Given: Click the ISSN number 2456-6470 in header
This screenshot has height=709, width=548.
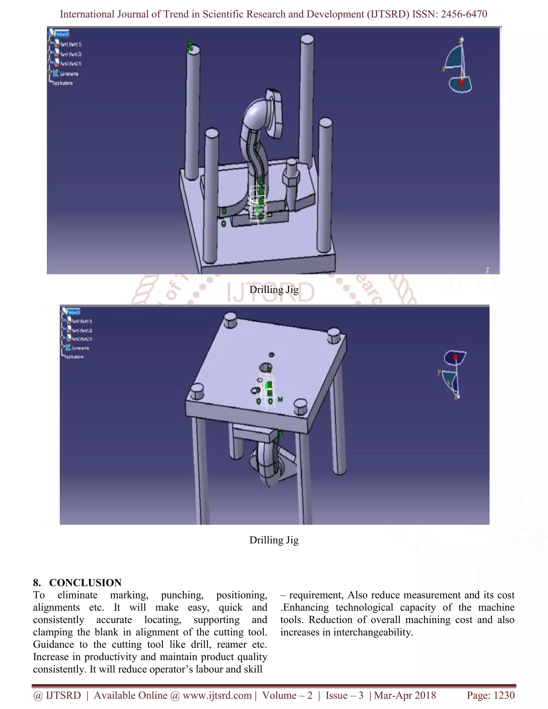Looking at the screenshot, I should coord(464,14).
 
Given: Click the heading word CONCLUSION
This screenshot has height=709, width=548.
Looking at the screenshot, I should coord(85,583).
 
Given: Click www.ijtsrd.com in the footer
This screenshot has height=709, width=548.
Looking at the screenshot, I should coord(217,695).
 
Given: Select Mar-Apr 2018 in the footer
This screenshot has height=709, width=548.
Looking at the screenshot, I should coord(405,695).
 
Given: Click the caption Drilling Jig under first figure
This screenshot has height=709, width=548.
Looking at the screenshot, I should coord(274,289).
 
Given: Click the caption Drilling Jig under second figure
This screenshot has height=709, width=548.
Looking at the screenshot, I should coord(274,540).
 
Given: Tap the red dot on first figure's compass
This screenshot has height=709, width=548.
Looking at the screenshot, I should coord(461,83).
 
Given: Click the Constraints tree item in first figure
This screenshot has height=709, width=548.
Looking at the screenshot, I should coord(68,74).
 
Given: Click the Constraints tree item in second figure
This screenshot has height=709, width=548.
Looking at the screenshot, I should coord(80,348).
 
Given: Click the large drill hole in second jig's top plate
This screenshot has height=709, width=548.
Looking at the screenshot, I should coord(265,368).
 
